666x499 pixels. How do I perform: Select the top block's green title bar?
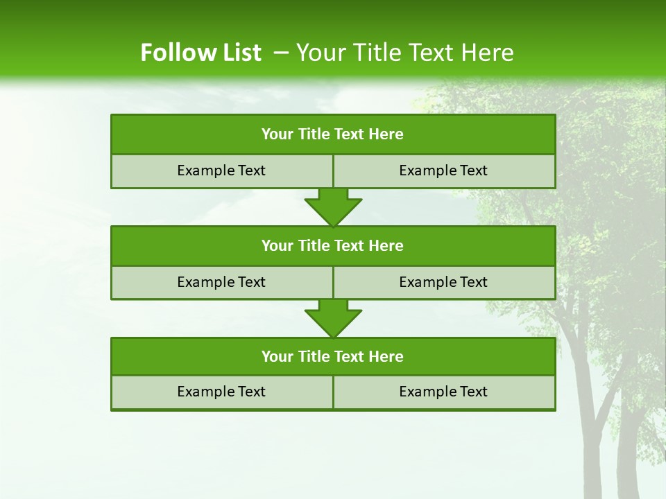(x=333, y=134)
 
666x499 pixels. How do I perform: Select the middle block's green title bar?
(x=333, y=246)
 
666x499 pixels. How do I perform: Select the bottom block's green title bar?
(x=333, y=357)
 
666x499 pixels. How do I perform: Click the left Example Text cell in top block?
(x=221, y=171)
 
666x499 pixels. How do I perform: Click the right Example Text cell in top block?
(x=444, y=171)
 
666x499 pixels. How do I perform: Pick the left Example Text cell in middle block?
(x=221, y=283)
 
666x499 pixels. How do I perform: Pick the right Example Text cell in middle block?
(x=444, y=283)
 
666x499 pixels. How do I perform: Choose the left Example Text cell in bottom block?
(x=221, y=392)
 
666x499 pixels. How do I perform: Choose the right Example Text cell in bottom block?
(x=444, y=392)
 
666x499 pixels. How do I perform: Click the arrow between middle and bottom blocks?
(x=333, y=318)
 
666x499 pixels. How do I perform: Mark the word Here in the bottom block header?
(x=386, y=357)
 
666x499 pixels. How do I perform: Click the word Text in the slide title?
(x=432, y=53)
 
